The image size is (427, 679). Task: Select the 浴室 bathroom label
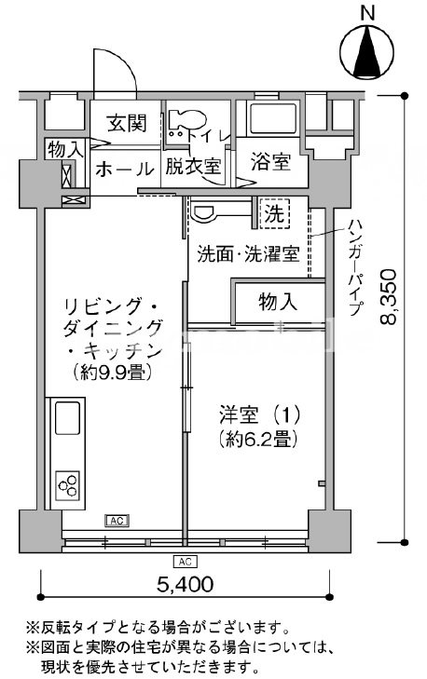(270, 162)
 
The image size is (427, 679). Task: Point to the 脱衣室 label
(193, 167)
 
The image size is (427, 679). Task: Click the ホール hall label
(125, 169)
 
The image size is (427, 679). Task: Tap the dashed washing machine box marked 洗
(274, 213)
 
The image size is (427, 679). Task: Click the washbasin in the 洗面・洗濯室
(203, 212)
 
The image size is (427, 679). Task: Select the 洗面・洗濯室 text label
(248, 254)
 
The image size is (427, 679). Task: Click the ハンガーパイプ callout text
(355, 267)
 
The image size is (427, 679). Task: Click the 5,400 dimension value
(186, 584)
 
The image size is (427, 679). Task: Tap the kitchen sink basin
(67, 418)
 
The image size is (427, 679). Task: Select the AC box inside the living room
(117, 521)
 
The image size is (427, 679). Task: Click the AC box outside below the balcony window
(186, 562)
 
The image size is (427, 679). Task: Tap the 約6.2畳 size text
(258, 441)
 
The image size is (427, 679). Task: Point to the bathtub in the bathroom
(272, 118)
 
